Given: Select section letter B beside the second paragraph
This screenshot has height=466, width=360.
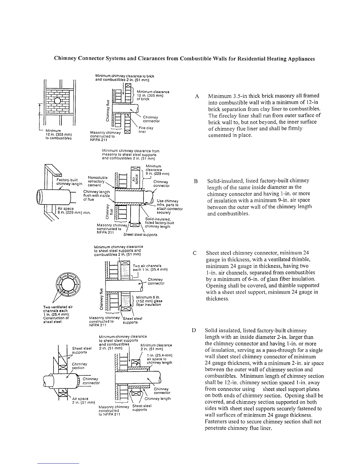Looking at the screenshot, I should [x=196, y=181].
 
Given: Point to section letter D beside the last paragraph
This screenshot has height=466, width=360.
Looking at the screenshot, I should [x=194, y=331].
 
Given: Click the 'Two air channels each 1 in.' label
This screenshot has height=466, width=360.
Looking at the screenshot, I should [x=150, y=267].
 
